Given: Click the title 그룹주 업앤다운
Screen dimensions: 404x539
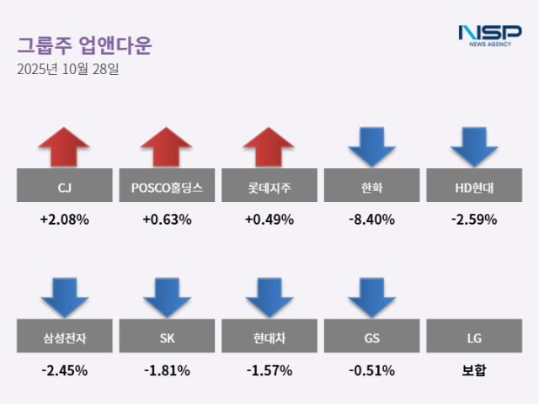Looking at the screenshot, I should point(84,45).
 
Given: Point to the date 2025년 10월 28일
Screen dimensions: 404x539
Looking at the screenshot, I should point(68,69).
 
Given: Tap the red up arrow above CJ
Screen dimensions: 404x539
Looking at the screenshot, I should point(64,147).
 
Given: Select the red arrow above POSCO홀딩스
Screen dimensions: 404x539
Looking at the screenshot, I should point(166,147).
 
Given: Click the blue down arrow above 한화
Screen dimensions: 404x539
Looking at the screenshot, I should point(371,147).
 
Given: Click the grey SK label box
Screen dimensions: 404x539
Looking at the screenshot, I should point(166,338).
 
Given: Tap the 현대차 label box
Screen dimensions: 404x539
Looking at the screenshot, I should point(269,338).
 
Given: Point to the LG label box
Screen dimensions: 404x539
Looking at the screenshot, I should point(474,338).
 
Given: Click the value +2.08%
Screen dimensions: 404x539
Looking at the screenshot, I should point(64,220).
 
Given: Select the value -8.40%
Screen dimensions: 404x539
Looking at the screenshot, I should point(371,220).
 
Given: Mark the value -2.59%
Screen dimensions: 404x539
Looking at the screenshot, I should point(474,220).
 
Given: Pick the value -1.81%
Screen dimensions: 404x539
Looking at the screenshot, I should point(166,369).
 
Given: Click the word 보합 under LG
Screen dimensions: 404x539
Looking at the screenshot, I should point(474,369).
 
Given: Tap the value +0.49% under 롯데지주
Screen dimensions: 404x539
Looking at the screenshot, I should point(269,220).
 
